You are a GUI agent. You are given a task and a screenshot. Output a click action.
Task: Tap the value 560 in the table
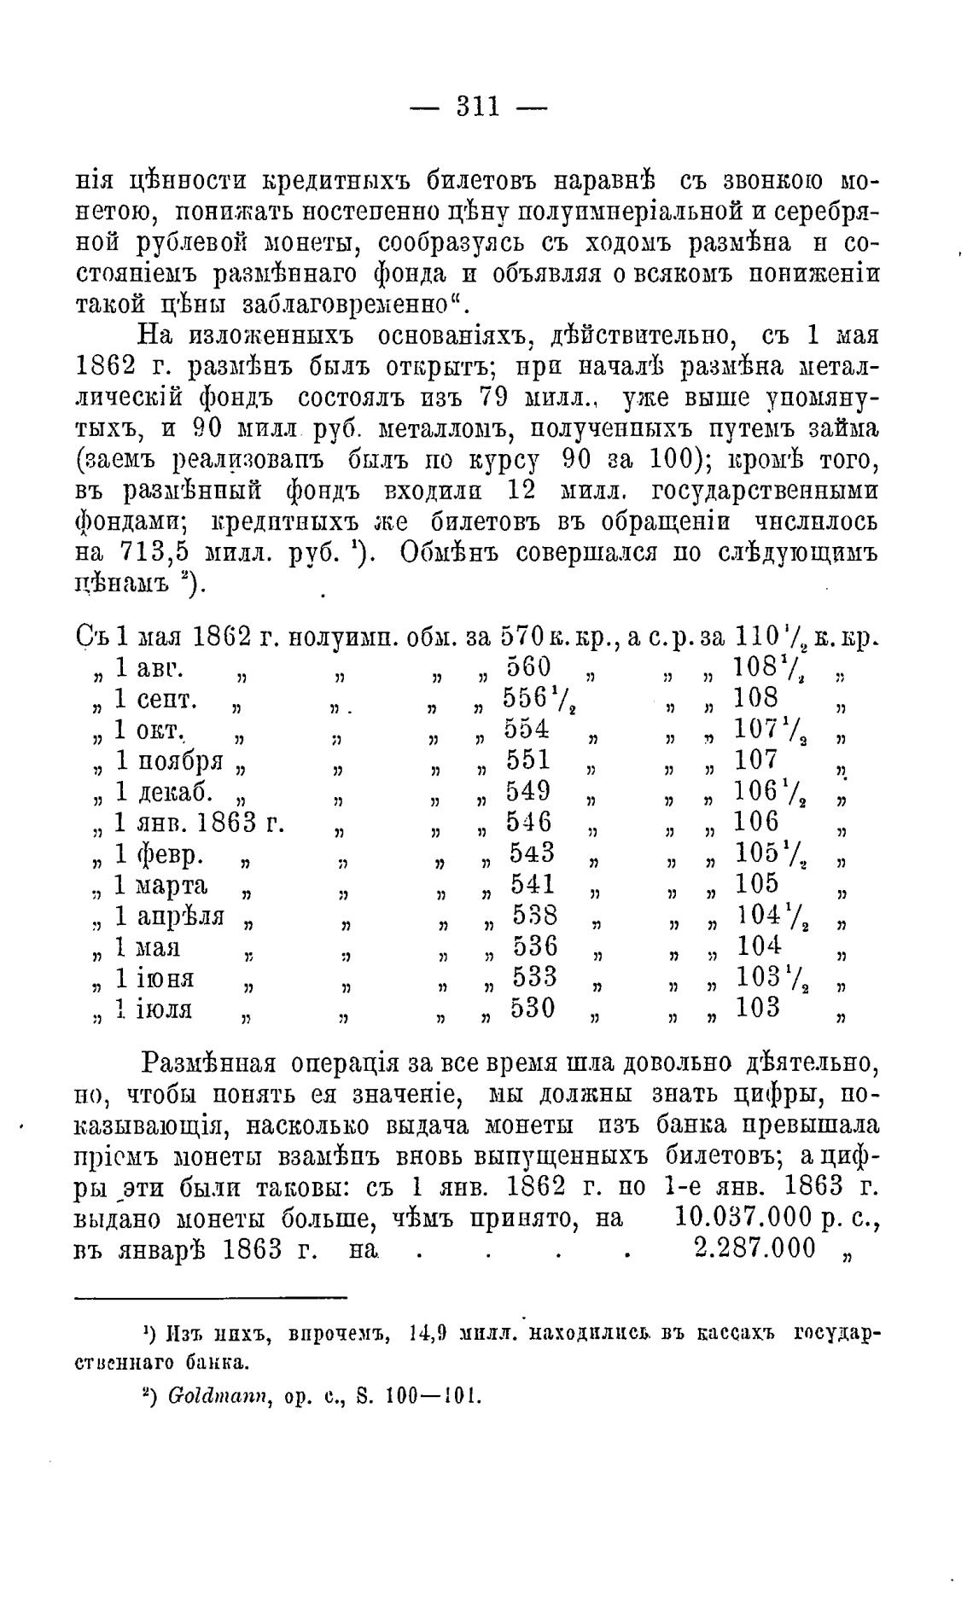528,666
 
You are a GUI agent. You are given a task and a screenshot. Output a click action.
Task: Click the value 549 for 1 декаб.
528,791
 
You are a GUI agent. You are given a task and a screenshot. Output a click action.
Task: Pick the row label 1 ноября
169,760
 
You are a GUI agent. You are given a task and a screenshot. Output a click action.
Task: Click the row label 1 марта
161,885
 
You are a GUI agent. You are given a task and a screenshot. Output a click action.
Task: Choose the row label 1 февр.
159,854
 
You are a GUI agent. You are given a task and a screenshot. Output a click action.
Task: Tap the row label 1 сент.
156,699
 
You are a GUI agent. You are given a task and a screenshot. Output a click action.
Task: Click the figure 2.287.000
755,1248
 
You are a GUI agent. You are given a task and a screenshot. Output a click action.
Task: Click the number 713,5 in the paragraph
142,553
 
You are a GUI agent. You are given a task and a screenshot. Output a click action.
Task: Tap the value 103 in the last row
758,1009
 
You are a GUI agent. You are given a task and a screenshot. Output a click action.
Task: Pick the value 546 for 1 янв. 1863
529,822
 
